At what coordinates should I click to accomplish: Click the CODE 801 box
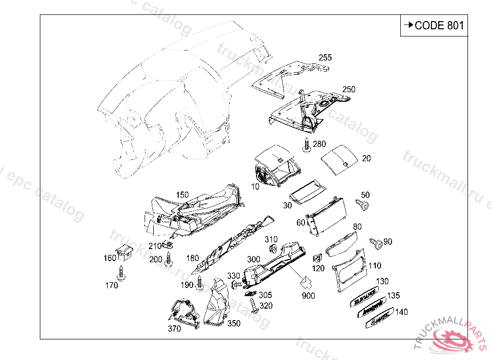[x=433, y=25]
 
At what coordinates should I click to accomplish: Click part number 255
[x=325, y=58]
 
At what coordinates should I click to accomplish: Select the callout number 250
[x=349, y=89]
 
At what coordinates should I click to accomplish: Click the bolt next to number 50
[x=363, y=205]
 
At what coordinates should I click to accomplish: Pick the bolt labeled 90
[x=376, y=243]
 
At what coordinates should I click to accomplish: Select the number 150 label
[x=182, y=195]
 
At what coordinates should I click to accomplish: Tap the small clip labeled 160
[x=124, y=252]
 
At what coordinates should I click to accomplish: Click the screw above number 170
[x=121, y=272]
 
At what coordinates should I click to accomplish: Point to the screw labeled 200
[x=168, y=259]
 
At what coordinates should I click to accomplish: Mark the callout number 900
[x=308, y=296]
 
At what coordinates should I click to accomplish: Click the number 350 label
[x=234, y=324]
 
